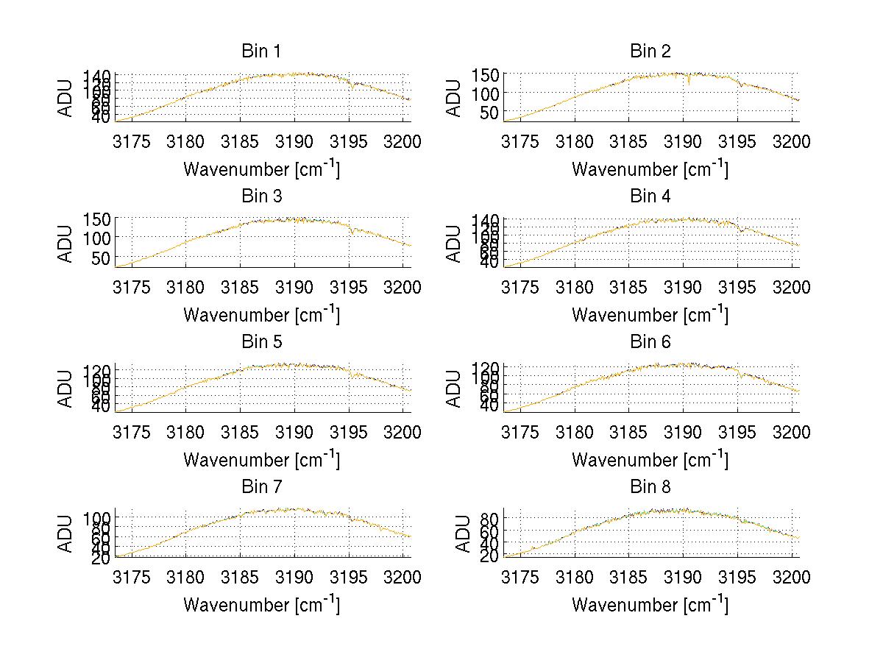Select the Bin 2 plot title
pos(650,51)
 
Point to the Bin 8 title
pos(650,486)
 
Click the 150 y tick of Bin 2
pos(491,74)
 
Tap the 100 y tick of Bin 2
pos(491,93)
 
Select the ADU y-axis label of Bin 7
pos(67,532)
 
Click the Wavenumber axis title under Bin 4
pos(650,314)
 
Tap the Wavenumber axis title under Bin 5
pos(260,459)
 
